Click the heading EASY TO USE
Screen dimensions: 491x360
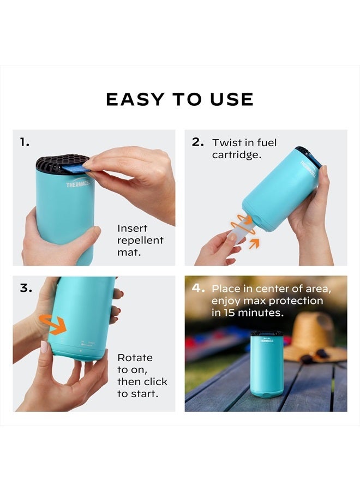(179, 99)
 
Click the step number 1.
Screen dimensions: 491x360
(25, 142)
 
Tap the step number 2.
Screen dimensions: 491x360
(197, 142)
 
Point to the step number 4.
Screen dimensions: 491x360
(198, 288)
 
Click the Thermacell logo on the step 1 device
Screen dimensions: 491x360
(78, 184)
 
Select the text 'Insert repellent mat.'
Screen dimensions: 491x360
(140, 240)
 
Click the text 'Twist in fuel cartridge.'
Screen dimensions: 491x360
(244, 148)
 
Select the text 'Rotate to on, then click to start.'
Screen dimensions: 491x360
(142, 375)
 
